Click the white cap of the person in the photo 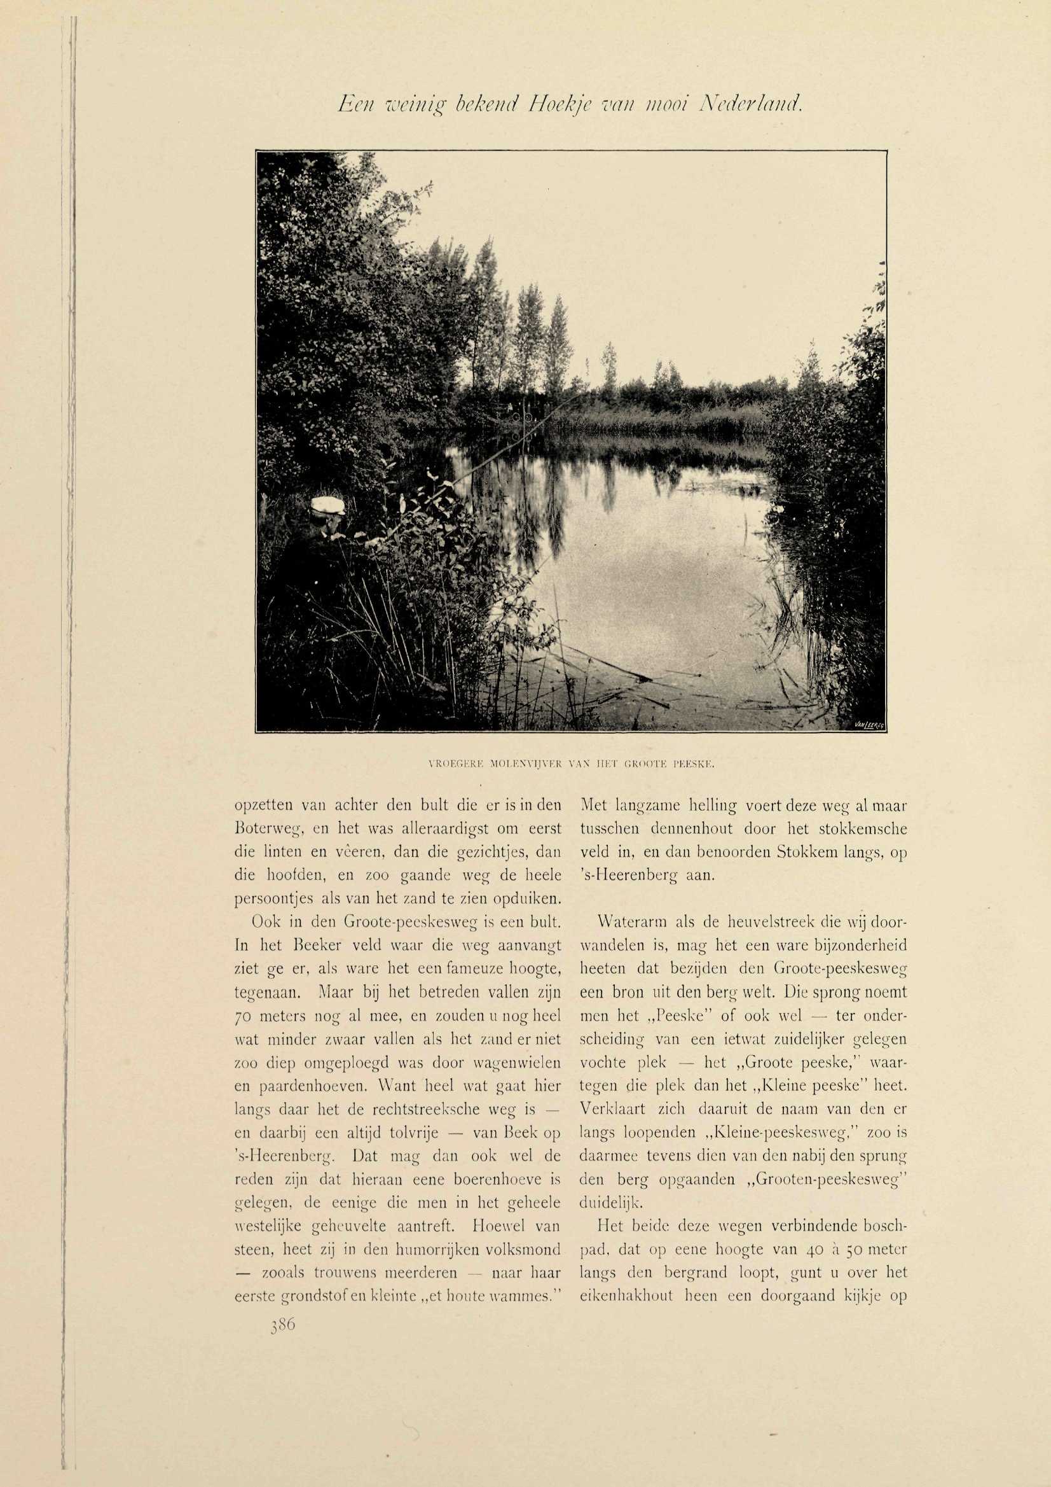[328, 505]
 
